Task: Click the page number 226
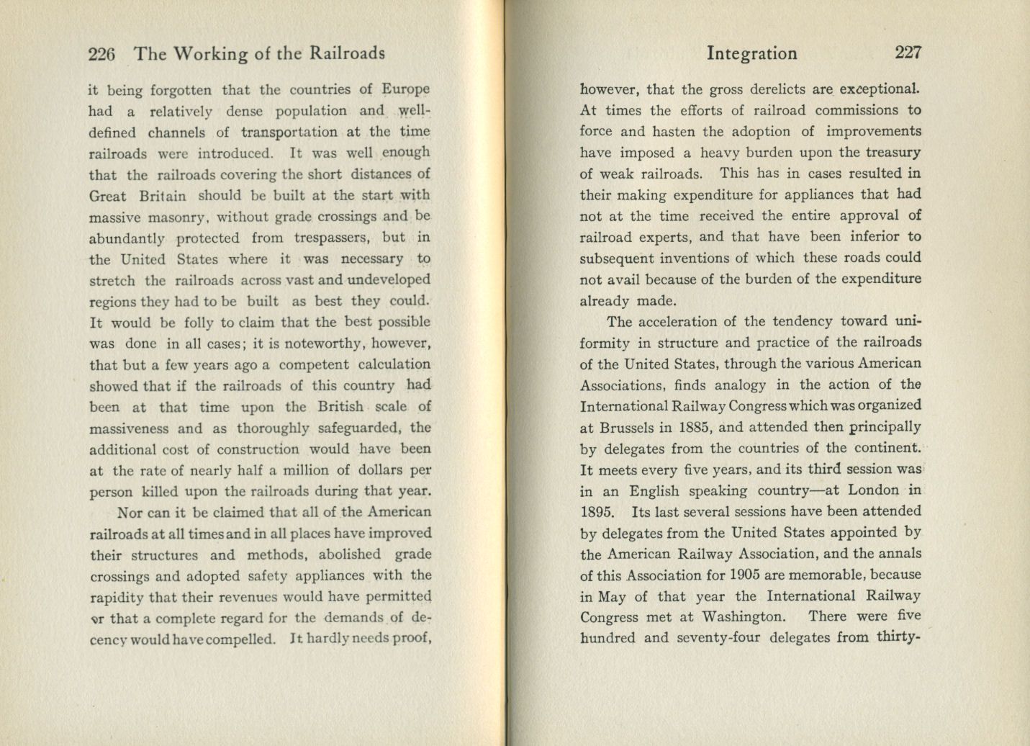(101, 54)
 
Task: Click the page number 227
(908, 53)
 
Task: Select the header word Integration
(751, 53)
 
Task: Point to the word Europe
(405, 90)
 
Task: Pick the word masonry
(179, 217)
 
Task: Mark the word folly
(196, 322)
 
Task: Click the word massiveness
(130, 428)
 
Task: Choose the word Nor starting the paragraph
(130, 513)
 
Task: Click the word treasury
(890, 153)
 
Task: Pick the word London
(872, 490)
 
